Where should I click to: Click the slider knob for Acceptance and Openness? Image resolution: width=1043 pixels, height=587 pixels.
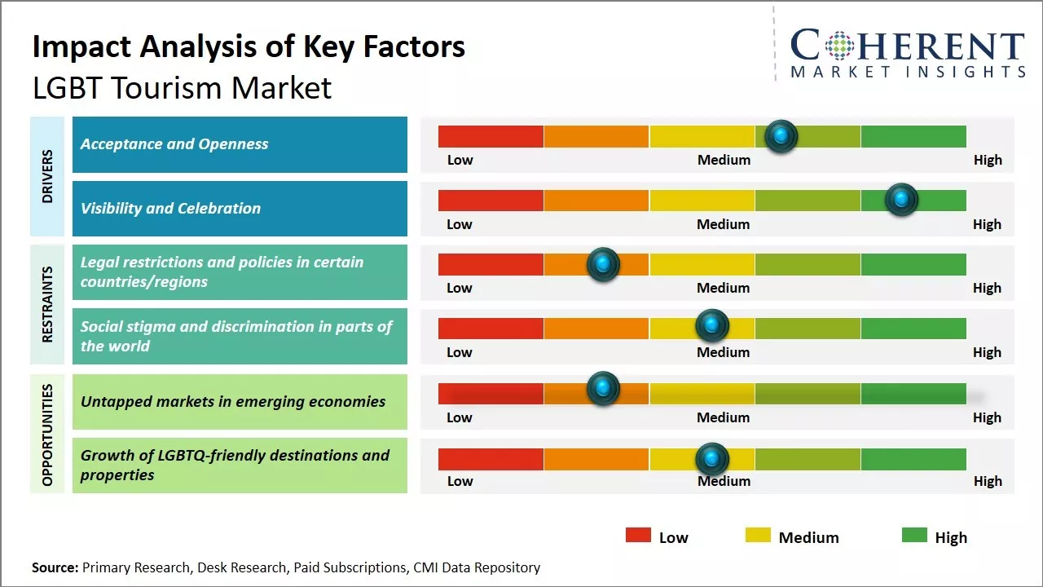pyautogui.click(x=781, y=136)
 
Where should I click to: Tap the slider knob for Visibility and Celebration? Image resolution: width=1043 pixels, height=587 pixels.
pyautogui.click(x=901, y=200)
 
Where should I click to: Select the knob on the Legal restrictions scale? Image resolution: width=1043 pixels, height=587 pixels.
pyautogui.click(x=603, y=264)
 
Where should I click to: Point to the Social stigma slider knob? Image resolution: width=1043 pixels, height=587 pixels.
pyautogui.click(x=712, y=326)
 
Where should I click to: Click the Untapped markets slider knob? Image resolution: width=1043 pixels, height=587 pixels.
pyautogui.click(x=603, y=389)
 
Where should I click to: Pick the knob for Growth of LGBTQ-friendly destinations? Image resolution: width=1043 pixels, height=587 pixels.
pyautogui.click(x=712, y=459)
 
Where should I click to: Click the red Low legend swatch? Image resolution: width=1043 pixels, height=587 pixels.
pyautogui.click(x=638, y=536)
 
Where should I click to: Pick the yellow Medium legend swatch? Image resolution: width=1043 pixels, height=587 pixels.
pyautogui.click(x=758, y=536)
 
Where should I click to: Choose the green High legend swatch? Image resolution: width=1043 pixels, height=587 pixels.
pyautogui.click(x=914, y=536)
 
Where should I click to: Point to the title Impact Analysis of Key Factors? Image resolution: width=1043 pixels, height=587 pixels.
pyautogui.click(x=249, y=47)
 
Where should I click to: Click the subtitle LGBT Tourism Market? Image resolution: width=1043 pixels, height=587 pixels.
pyautogui.click(x=182, y=88)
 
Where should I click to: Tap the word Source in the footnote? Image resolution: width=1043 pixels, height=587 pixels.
pyautogui.click(x=55, y=567)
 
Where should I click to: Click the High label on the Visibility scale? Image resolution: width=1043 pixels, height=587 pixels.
pyautogui.click(x=987, y=224)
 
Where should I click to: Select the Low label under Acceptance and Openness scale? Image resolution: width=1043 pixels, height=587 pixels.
pyautogui.click(x=460, y=160)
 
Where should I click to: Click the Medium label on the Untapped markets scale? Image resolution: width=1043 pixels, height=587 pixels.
pyautogui.click(x=724, y=417)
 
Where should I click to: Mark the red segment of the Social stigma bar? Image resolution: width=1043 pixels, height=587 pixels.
pyautogui.click(x=491, y=328)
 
